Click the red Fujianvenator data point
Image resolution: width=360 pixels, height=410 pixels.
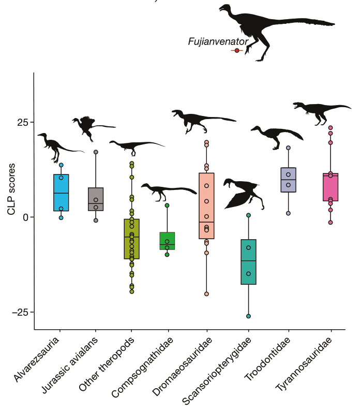pyautogui.click(x=237, y=50)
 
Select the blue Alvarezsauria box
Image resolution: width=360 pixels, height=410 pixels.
pyautogui.click(x=61, y=193)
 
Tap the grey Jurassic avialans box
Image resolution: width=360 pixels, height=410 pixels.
pyautogui.click(x=96, y=199)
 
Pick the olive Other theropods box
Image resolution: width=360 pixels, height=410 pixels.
pyautogui.click(x=131, y=239)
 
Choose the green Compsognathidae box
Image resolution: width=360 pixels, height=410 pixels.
pyautogui.click(x=167, y=241)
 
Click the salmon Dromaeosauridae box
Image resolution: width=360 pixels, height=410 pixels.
pyautogui.click(x=206, y=206)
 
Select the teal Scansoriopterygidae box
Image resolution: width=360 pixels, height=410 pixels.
pyautogui.click(x=248, y=261)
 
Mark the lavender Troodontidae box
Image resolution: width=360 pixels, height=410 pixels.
pyautogui.click(x=288, y=180)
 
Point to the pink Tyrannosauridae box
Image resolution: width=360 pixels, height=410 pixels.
pyautogui.click(x=330, y=187)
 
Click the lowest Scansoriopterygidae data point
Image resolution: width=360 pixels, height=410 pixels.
pyautogui.click(x=248, y=316)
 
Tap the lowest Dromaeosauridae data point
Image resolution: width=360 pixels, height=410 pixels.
pyautogui.click(x=206, y=294)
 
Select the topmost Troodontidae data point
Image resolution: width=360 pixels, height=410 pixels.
pyautogui.click(x=288, y=148)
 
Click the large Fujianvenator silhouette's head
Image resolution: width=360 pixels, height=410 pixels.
pyautogui.click(x=224, y=7)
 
